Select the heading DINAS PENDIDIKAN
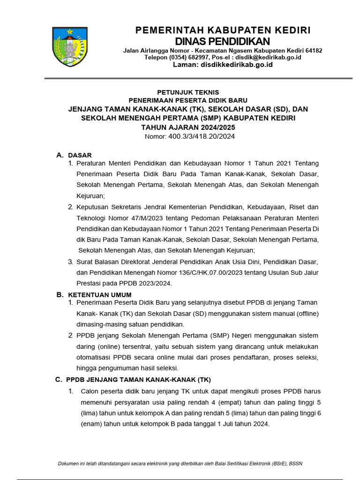coord(222,41)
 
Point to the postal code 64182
coord(312,50)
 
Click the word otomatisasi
coord(94,358)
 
